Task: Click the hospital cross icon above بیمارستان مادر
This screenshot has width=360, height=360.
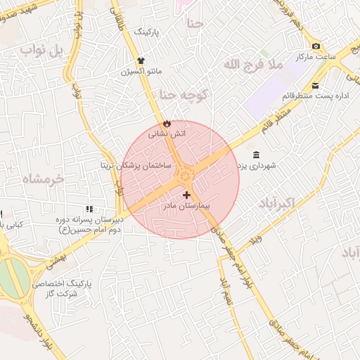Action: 186,194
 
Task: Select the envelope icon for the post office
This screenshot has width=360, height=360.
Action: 315,85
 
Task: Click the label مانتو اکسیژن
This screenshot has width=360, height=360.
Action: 141,72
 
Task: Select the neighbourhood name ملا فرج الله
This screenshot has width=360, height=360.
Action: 252,65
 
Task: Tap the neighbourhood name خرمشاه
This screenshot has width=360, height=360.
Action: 43,179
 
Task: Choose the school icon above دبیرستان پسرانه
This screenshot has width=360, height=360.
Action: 89,209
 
